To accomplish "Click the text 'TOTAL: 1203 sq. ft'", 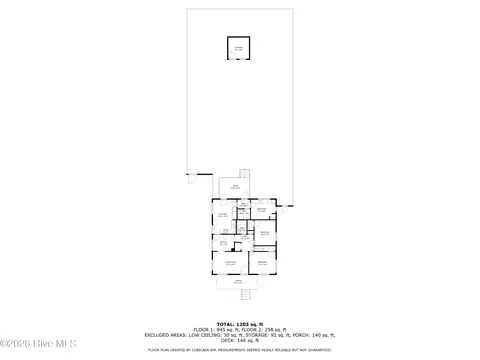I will tap(239, 324).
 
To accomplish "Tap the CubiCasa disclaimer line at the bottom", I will tap(239, 350).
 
